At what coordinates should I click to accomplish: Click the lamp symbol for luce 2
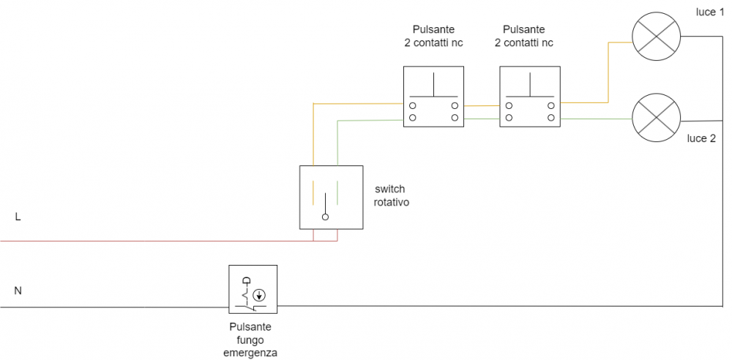pos(657,117)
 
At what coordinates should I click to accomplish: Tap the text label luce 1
pos(710,13)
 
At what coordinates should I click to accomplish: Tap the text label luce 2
pos(701,138)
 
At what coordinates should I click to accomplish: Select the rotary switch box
pos(331,197)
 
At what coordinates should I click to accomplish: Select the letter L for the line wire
pos(18,217)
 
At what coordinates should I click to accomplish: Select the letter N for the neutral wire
pos(18,290)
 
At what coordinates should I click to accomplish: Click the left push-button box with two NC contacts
pos(434,96)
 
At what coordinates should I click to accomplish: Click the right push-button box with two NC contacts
pos(529,96)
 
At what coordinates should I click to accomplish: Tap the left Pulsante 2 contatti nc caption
pos(433,36)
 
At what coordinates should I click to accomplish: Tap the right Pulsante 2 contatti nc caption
pos(524,36)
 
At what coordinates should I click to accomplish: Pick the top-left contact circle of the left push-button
pos(413,106)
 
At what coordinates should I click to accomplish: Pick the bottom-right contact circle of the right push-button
pos(550,117)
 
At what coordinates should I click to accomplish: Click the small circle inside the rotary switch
pos(326,217)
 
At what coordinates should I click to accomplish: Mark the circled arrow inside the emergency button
pos(258,296)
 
